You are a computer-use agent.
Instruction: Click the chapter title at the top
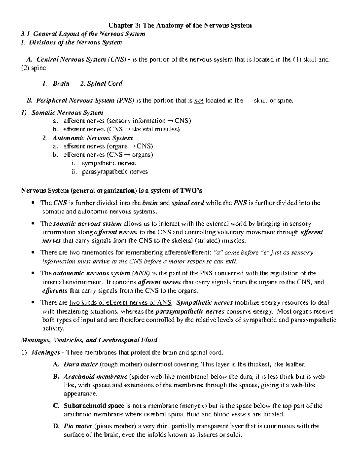coord(180,25)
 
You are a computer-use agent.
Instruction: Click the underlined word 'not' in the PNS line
coord(199,101)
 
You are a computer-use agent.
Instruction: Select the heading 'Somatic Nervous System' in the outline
coord(67,113)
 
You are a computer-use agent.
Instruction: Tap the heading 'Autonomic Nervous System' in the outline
coord(92,138)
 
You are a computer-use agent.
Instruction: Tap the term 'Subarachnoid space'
coord(94,406)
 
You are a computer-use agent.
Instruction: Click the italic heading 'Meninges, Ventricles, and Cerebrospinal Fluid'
coord(89,340)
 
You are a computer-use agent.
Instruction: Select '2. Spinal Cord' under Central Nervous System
coord(101,83)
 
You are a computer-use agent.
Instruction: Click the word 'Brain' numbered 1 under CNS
coord(61,83)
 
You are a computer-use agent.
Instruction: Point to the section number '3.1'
coord(25,34)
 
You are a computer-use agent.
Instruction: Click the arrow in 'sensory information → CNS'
coord(170,121)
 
